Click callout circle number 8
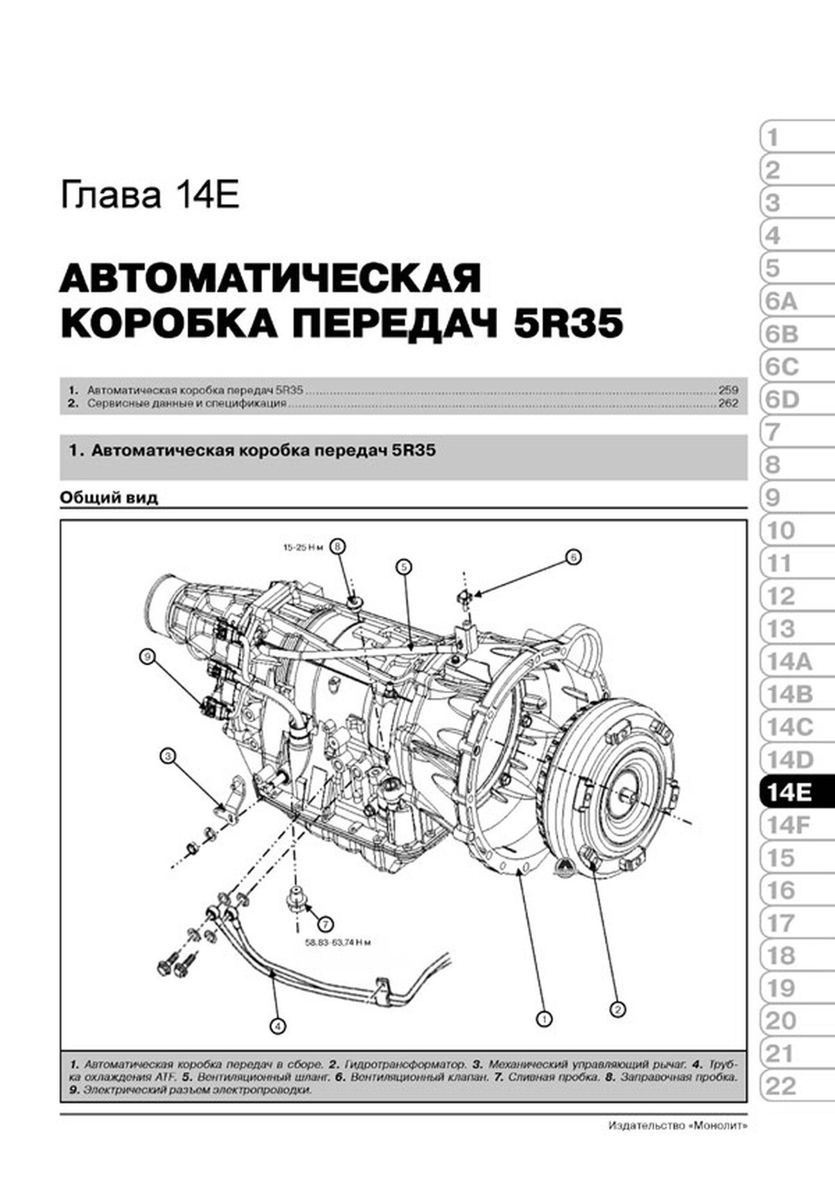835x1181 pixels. [338, 547]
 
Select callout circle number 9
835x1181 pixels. [148, 656]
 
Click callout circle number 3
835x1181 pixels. [168, 757]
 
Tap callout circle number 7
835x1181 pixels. [325, 924]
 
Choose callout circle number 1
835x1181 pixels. [545, 1018]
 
